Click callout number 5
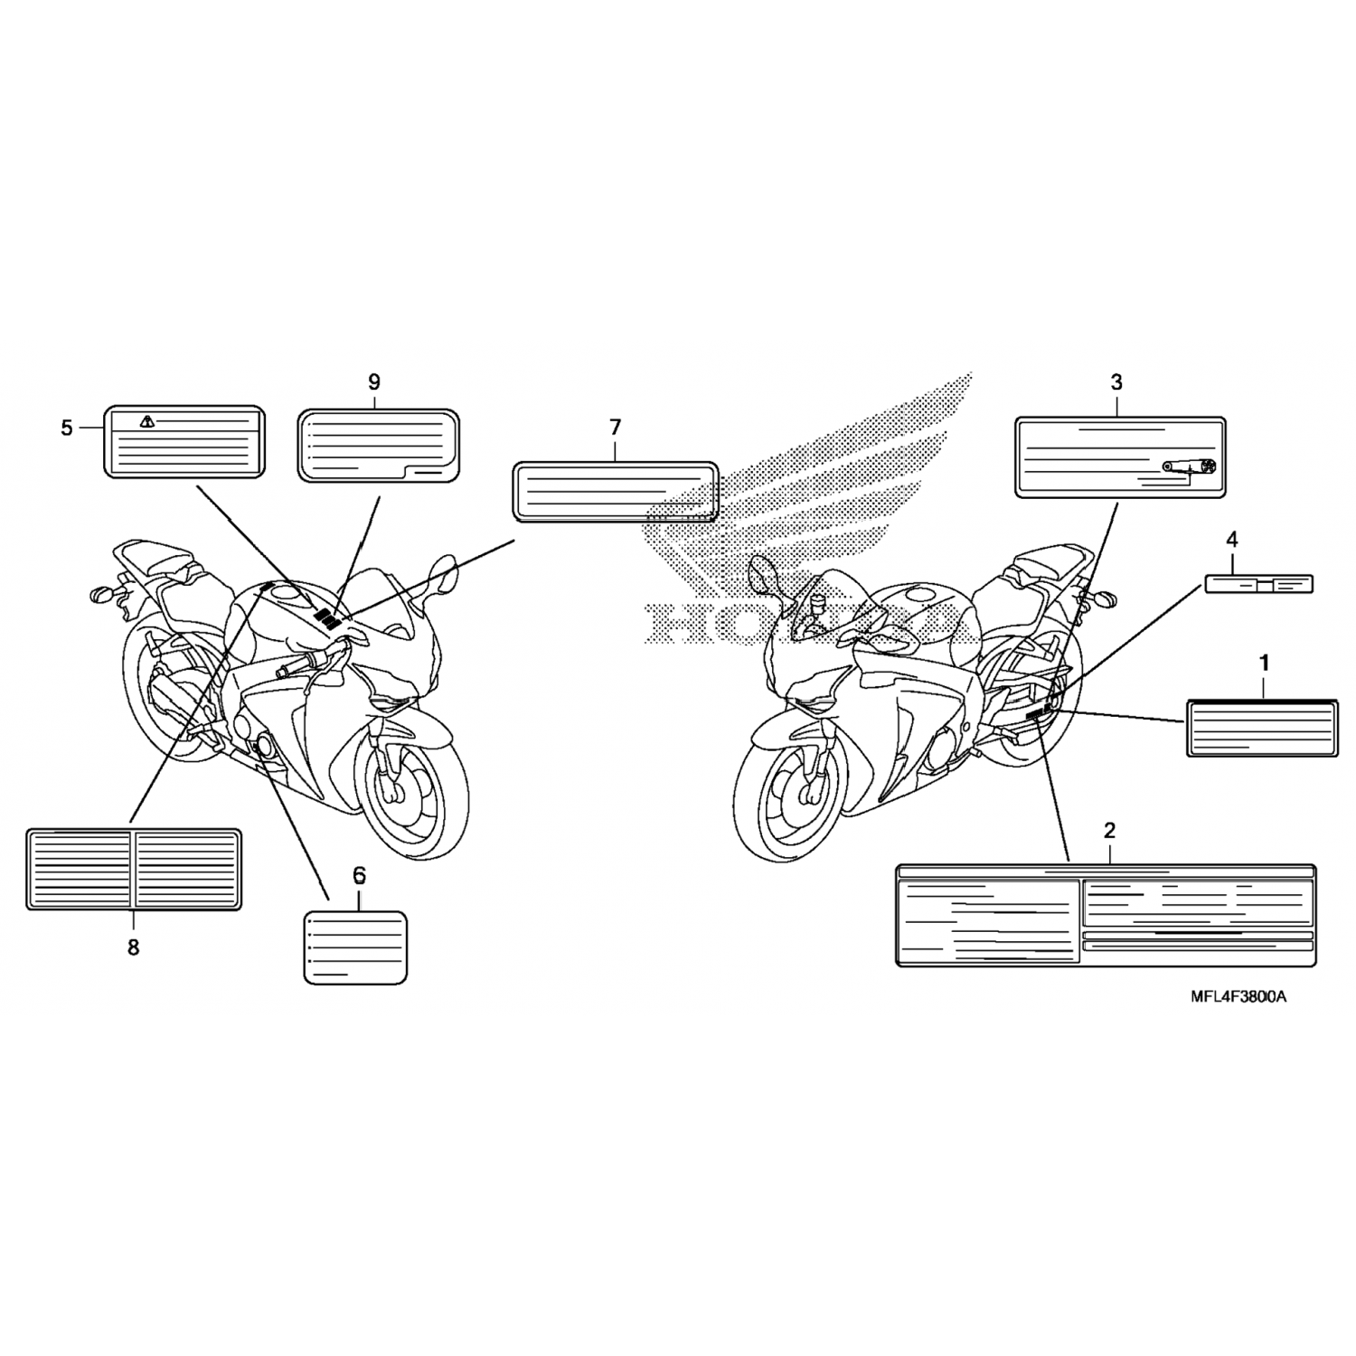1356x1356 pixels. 67,428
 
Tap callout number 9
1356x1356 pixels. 374,382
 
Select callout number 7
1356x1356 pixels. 616,427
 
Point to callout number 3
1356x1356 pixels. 1116,382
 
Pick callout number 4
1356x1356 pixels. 1231,540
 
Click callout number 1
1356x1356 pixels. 1264,663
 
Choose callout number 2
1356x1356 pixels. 1109,831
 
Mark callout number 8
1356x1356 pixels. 133,947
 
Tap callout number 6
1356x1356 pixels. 359,875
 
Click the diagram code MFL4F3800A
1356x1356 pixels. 1237,997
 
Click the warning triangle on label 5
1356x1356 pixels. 147,421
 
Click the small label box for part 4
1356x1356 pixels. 1258,583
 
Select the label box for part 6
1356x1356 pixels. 355,946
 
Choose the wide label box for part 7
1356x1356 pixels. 616,492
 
